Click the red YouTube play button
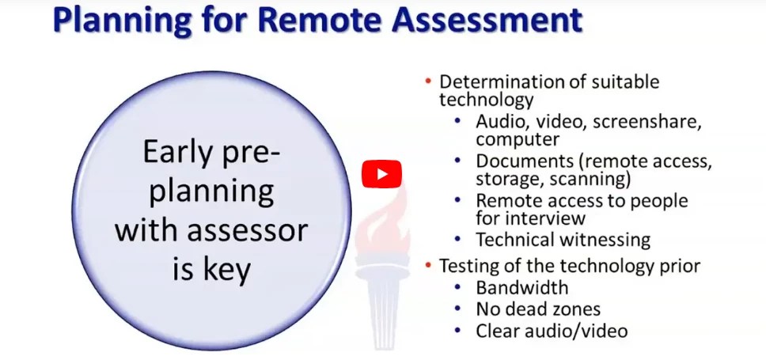[381, 174]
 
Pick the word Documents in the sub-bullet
[518, 161]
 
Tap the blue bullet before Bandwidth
[460, 287]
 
